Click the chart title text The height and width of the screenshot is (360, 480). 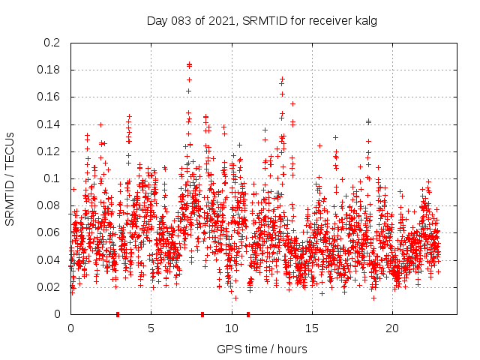point(262,21)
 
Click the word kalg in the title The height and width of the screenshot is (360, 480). point(364,21)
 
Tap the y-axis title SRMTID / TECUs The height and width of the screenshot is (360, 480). point(10,178)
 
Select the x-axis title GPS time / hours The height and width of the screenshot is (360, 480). point(262,349)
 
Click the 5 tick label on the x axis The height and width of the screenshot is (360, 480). point(151,328)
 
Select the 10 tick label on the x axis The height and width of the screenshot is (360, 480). point(232,328)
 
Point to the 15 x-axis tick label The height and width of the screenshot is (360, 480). point(312,328)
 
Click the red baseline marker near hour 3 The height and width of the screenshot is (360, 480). point(118,314)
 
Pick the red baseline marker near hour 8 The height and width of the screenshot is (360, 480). point(202,314)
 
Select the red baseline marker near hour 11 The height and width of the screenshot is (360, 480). point(248,314)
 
